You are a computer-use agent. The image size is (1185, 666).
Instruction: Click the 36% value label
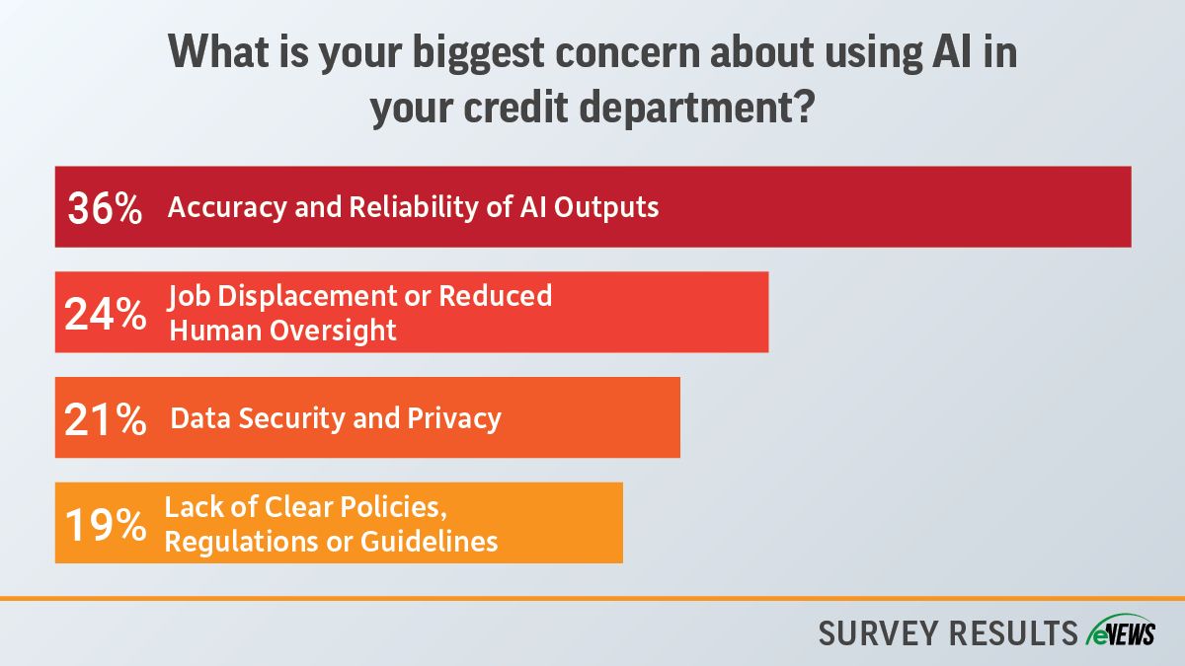pos(105,208)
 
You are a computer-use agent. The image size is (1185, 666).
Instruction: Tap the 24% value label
pos(106,314)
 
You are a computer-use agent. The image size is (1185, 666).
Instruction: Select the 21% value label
pos(106,419)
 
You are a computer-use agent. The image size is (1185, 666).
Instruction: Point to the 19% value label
pos(106,525)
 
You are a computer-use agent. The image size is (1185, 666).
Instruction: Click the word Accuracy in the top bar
pos(227,207)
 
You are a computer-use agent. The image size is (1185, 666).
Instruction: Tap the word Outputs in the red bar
pos(606,206)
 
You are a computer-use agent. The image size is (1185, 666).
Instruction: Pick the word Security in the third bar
pos(291,418)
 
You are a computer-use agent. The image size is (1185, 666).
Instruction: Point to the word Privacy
pos(454,418)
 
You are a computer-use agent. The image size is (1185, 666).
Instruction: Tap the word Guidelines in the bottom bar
pos(429,542)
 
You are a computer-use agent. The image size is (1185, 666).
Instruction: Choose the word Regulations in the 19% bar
pos(241,543)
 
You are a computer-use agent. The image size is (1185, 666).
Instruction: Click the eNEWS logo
pos(1121,631)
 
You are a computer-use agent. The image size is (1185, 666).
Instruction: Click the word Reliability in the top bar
pos(413,207)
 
